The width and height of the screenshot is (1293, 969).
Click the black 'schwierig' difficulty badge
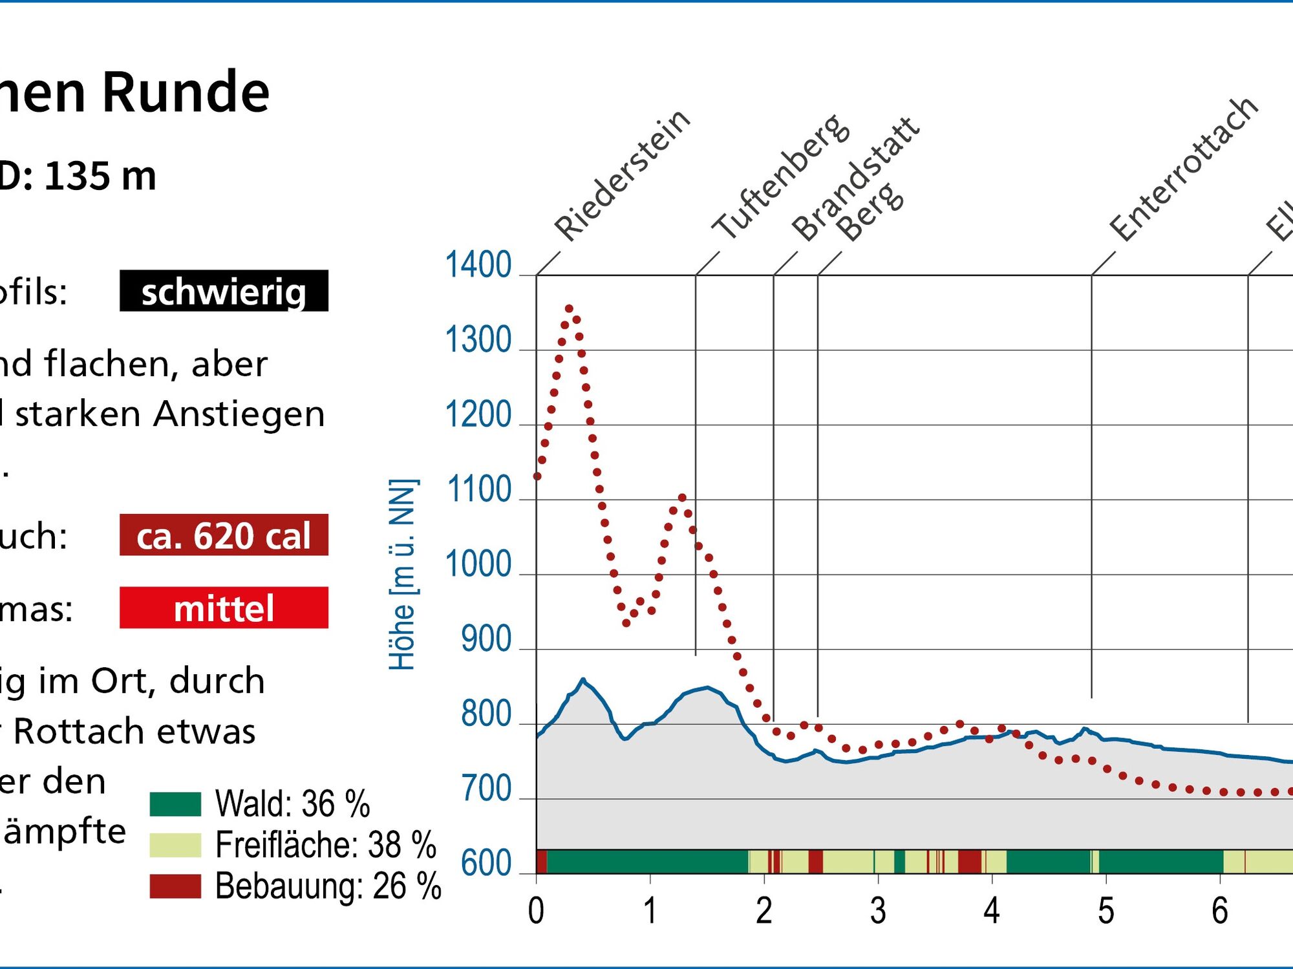pos(224,291)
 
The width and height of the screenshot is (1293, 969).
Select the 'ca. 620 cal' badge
pos(224,535)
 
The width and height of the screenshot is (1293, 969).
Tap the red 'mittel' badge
pos(224,608)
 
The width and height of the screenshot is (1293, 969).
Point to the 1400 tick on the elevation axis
pos(478,265)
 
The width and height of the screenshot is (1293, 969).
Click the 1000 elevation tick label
pos(478,564)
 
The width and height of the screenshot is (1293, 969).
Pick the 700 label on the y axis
pos(486,789)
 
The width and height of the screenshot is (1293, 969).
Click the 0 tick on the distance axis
pos(536,911)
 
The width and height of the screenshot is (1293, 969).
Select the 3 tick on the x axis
pos(877,911)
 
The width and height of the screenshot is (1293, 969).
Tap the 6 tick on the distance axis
pos(1219,911)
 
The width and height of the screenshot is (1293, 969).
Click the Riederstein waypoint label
pos(623,175)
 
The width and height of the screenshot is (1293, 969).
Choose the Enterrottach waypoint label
pos(1184,169)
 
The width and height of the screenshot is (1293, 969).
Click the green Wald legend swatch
pos(175,804)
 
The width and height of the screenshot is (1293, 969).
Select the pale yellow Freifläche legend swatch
pos(175,845)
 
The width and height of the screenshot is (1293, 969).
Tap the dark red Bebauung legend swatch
pos(175,886)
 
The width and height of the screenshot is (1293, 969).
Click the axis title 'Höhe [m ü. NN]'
pos(402,574)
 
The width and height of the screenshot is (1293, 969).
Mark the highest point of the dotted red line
pos(569,309)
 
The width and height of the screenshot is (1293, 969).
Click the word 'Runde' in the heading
pos(186,92)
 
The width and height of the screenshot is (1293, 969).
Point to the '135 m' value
pos(100,176)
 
